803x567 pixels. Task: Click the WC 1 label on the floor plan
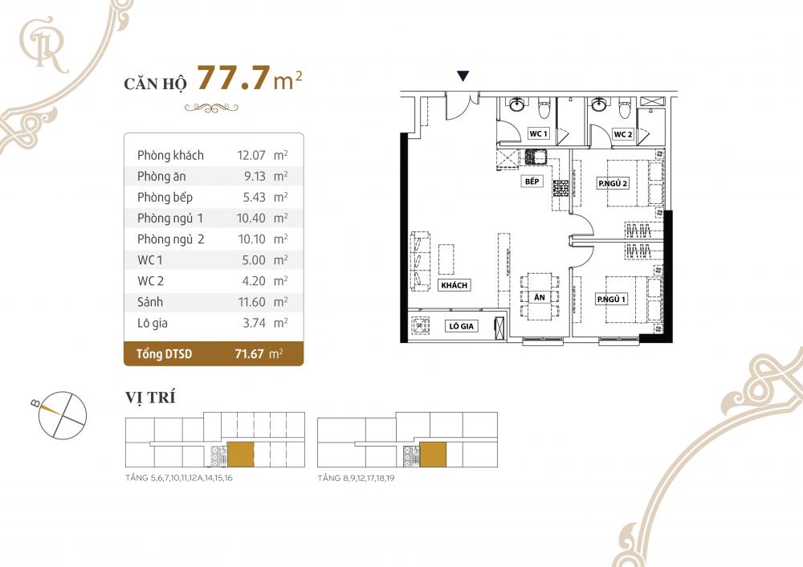538,134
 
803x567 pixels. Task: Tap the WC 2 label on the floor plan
623,134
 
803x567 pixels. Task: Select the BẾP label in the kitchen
531,182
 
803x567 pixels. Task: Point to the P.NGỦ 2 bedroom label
612,184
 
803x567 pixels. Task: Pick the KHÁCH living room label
454,285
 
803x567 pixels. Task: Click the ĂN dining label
539,297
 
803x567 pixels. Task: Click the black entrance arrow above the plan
463,77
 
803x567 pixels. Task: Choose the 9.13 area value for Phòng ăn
245,176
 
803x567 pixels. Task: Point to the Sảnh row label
150,302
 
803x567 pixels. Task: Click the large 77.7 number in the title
232,80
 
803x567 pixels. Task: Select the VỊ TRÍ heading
150,398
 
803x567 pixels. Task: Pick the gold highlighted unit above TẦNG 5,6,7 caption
241,454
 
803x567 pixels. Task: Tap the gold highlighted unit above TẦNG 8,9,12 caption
434,454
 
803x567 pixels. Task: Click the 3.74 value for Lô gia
243,323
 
